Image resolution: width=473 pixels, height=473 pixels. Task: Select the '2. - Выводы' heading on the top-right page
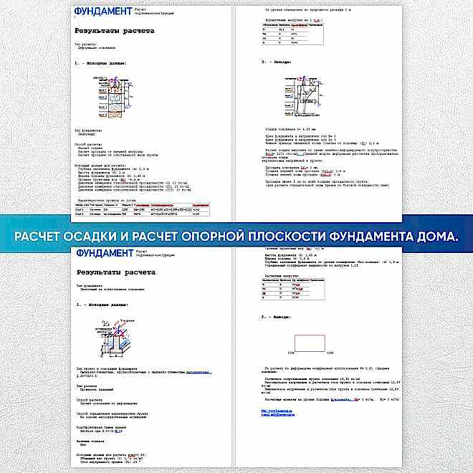275,62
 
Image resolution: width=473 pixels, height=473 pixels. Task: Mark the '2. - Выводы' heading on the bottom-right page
275,315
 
